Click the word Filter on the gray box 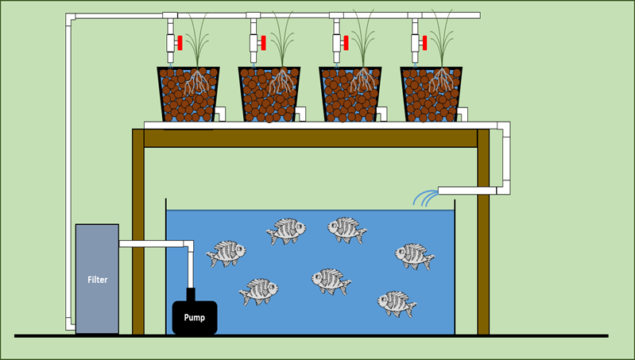pyautogui.click(x=97, y=280)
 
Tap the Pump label pyautogui.click(x=195, y=317)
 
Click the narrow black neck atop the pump pyautogui.click(x=191, y=293)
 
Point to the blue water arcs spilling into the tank pyautogui.click(x=425, y=198)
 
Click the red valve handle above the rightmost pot pyautogui.click(x=424, y=43)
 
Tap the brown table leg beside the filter pyautogui.click(x=138, y=238)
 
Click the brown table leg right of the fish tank pyautogui.click(x=482, y=238)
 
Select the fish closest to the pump pyautogui.click(x=258, y=290)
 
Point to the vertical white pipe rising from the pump pyautogui.click(x=191, y=266)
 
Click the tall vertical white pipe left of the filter pyautogui.click(x=70, y=175)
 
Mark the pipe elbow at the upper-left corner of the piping pyautogui.click(x=71, y=18)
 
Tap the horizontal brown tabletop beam pyautogui.click(x=310, y=137)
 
